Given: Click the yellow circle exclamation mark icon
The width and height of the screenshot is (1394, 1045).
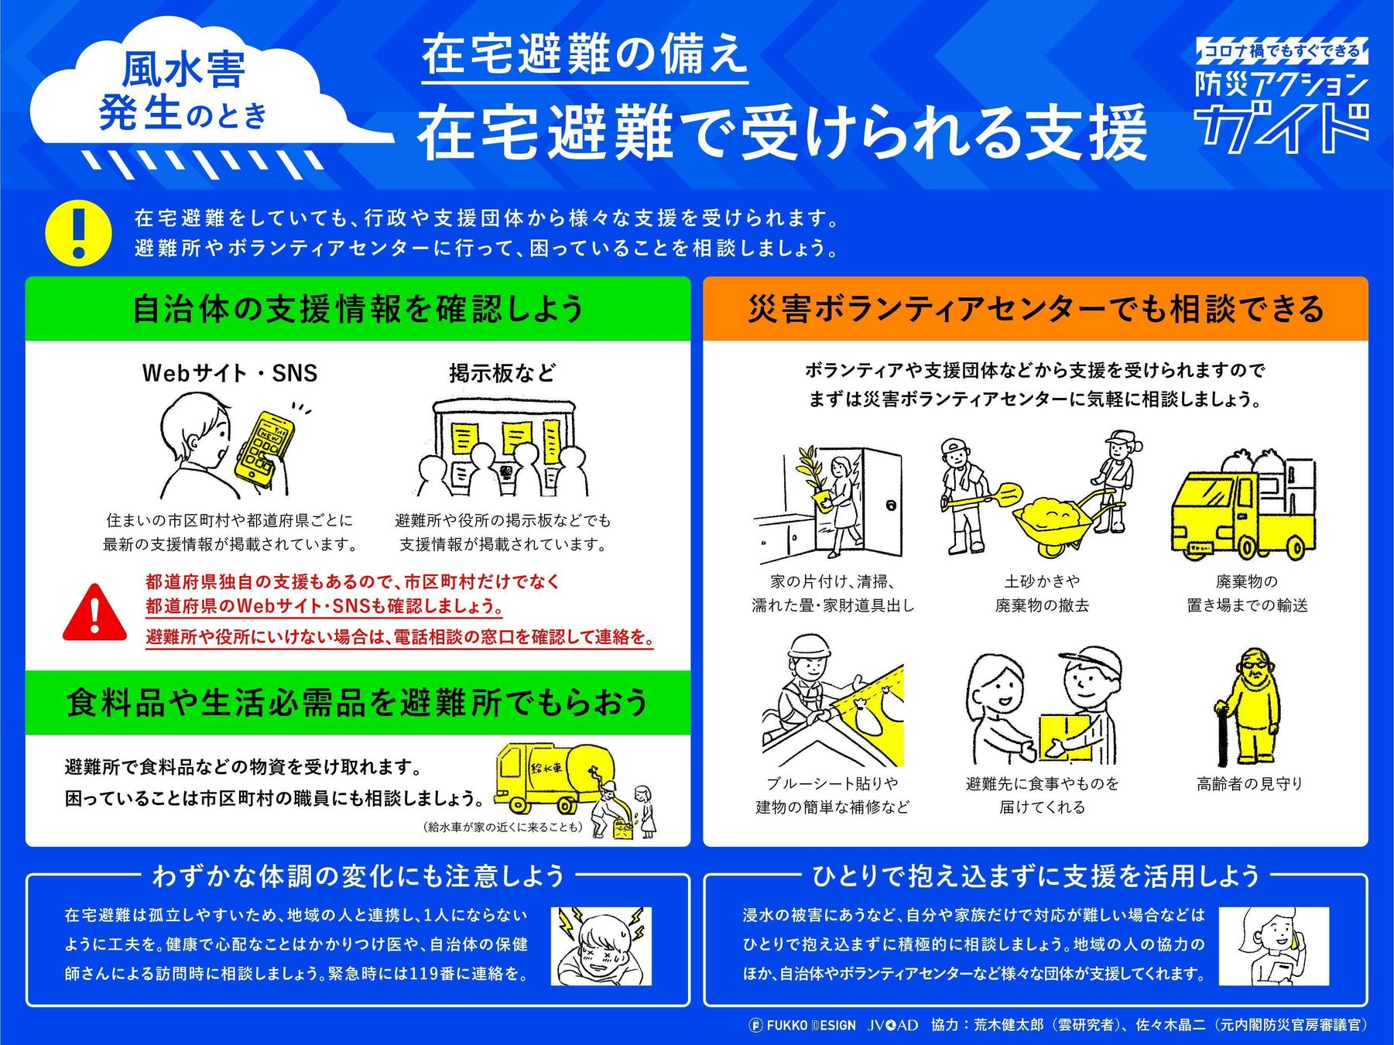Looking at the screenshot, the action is (x=78, y=232).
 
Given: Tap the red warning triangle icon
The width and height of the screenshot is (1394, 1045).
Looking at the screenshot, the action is (x=94, y=614).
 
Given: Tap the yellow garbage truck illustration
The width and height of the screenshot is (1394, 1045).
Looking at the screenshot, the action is (x=1242, y=508).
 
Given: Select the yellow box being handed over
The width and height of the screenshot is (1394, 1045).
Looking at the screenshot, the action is (x=1066, y=735).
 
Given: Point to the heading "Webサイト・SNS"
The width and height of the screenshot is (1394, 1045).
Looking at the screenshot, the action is (x=230, y=373).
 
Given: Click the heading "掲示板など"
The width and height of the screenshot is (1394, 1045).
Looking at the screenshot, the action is (x=502, y=373).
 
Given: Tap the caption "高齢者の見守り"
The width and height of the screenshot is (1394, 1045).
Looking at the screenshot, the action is (x=1249, y=784).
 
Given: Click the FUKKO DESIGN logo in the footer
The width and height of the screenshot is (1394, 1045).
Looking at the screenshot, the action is (x=803, y=1025).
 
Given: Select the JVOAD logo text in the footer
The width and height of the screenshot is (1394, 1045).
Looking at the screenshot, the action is (x=892, y=1025).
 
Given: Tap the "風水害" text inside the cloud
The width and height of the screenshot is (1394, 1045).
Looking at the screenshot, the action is (x=183, y=70).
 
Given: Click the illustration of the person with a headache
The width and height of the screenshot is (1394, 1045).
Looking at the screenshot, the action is (x=601, y=946).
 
